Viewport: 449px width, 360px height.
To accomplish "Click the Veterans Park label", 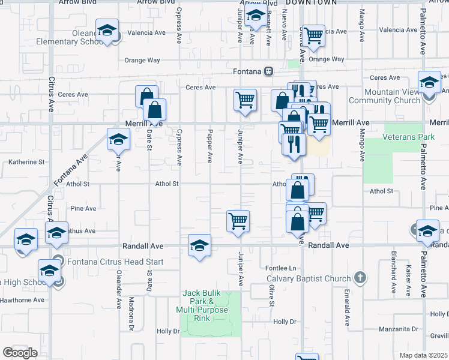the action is tap(409, 137).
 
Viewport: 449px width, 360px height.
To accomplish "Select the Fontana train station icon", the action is tap(270, 71).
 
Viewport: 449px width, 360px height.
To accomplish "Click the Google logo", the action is tap(20, 353).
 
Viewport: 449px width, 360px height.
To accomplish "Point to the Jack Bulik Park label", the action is tap(202, 301).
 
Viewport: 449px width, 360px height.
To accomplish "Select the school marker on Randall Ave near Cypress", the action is tap(199, 245).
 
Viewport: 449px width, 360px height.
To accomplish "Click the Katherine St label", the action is tap(27, 162).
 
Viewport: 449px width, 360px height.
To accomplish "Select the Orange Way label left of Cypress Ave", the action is tap(142, 60).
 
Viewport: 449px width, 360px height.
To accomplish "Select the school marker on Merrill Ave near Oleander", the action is tap(118, 139).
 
